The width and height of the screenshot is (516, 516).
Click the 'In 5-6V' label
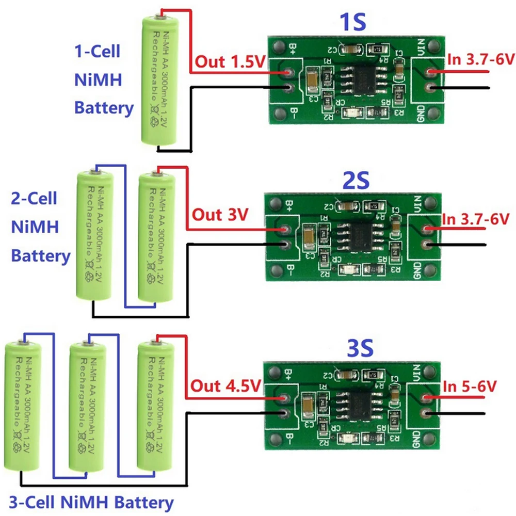pyautogui.click(x=469, y=385)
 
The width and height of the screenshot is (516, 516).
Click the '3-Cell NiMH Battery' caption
pyautogui.click(x=91, y=502)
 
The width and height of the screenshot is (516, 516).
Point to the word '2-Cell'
pyautogui.click(x=34, y=199)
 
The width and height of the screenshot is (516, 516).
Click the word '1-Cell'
pyautogui.click(x=98, y=52)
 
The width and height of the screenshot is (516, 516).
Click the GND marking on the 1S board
pyautogui.click(x=420, y=111)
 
